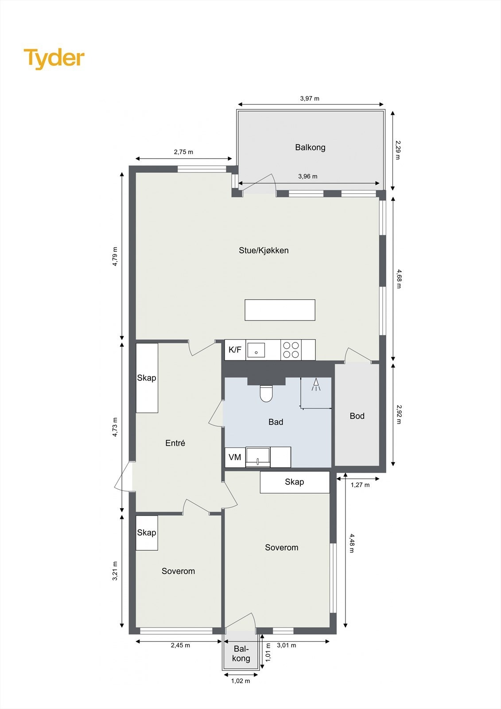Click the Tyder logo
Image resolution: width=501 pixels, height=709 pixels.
[x=54, y=58]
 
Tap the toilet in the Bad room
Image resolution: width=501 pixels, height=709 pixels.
[x=266, y=393]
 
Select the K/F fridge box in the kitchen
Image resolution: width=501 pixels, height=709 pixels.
[x=235, y=350]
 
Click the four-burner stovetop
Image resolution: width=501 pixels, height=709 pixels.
[x=291, y=350]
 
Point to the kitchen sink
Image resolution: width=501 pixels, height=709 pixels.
[x=256, y=350]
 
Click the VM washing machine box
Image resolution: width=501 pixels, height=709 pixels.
[x=235, y=457]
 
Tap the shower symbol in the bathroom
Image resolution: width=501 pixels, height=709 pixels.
[x=316, y=385]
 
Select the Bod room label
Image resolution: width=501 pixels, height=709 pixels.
[x=357, y=416]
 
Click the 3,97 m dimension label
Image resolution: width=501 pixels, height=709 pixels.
[x=310, y=98]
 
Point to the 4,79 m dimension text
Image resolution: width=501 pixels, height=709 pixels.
[x=115, y=256]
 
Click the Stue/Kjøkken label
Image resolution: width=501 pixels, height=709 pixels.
[x=264, y=250]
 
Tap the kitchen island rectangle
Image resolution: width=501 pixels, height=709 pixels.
[x=280, y=310]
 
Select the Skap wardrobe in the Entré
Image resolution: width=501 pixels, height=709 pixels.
[x=147, y=378]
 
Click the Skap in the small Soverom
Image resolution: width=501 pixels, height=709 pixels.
[x=147, y=533]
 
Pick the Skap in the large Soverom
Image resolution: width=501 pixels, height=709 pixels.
[x=295, y=482]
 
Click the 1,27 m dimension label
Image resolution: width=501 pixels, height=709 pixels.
[x=360, y=485]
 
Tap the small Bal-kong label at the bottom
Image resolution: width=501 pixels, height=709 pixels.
[x=241, y=654]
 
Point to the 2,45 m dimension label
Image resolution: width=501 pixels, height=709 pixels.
[x=180, y=645]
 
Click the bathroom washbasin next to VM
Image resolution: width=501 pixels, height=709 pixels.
[x=258, y=457]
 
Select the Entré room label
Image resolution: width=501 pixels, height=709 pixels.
[x=175, y=443]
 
